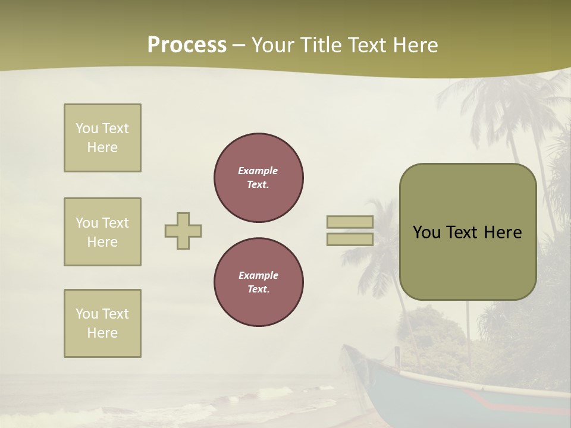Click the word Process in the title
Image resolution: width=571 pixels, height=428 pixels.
(x=187, y=45)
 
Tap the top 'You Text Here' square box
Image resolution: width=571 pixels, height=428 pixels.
(x=102, y=138)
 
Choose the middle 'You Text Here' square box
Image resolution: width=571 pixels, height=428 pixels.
(x=102, y=232)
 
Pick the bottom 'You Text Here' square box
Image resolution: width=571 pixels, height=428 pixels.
(x=102, y=323)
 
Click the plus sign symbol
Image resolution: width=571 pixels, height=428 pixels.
(x=183, y=231)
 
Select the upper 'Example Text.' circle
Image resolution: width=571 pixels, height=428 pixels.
(x=259, y=177)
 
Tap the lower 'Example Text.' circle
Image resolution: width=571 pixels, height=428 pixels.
(x=259, y=282)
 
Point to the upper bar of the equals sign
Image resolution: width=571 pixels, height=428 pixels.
(x=350, y=222)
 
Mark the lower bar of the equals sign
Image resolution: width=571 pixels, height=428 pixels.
(x=350, y=239)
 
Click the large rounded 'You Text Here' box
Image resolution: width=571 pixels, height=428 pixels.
(x=468, y=232)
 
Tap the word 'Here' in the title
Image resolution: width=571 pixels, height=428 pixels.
(x=415, y=45)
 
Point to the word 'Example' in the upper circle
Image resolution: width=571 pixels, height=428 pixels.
(x=258, y=171)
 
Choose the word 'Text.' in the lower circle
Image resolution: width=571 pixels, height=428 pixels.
(x=258, y=289)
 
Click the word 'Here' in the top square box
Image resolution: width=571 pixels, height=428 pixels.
(x=102, y=147)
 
